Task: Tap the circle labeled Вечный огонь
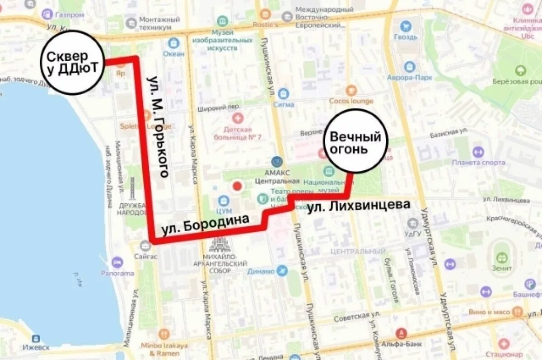[355, 141]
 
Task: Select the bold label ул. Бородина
[206, 224]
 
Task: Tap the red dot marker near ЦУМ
[236, 186]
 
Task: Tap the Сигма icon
[283, 94]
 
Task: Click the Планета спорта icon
[478, 152]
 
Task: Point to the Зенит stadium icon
[502, 258]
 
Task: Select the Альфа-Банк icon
[401, 334]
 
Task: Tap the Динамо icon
[282, 271]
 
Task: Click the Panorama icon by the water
[117, 262]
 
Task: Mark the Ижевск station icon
[36, 338]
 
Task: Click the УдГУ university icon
[412, 223]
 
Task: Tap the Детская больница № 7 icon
[238, 119]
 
